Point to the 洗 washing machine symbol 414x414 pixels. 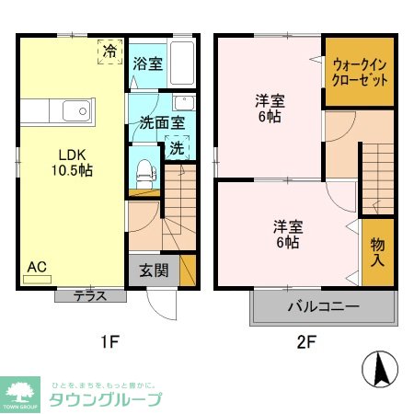click(176, 147)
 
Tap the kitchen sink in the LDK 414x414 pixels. click(75, 112)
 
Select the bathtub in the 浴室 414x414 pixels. click(183, 63)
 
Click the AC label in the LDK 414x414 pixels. click(37, 268)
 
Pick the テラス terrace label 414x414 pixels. click(90, 296)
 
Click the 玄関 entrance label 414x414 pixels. click(153, 272)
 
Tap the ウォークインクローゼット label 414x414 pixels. click(360, 72)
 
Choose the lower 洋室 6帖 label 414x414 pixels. click(286, 235)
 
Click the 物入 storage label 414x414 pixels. click(378, 249)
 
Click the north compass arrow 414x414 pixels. click(380, 370)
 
